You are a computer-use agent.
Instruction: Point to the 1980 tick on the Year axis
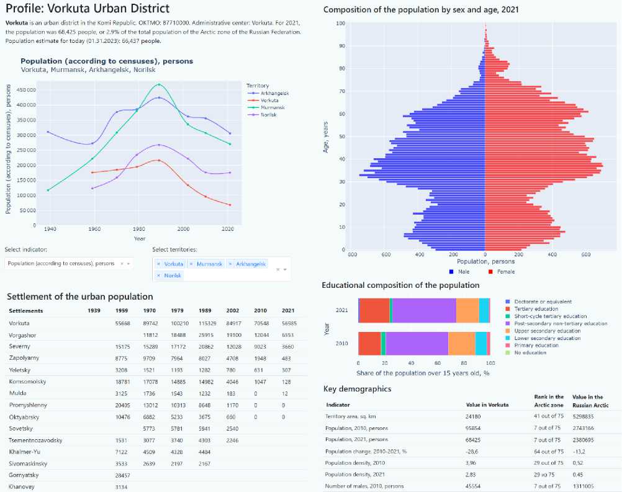click(x=139, y=228)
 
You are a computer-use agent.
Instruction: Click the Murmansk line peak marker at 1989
click(x=159, y=84)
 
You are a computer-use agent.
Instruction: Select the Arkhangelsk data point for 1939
click(x=48, y=132)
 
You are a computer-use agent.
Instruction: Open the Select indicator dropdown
click(x=68, y=264)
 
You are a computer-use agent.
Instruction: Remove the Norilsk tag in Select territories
click(x=159, y=275)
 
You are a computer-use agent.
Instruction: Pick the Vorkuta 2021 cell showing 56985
click(x=289, y=323)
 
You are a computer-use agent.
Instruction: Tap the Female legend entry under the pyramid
click(x=504, y=272)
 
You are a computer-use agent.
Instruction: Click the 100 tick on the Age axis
click(x=341, y=24)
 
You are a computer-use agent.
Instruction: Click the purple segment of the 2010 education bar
click(x=417, y=343)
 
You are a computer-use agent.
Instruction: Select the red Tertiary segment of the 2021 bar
click(x=374, y=310)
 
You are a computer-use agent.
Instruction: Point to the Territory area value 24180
click(x=474, y=416)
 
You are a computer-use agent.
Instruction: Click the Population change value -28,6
click(x=474, y=452)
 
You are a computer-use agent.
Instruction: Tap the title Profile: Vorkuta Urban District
click(x=87, y=9)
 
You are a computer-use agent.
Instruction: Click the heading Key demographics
click(x=358, y=389)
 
